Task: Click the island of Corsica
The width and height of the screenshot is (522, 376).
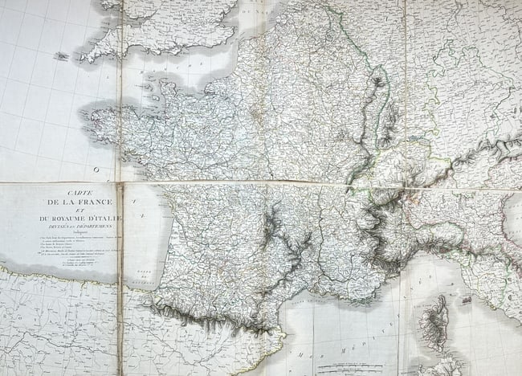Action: [x=434, y=321]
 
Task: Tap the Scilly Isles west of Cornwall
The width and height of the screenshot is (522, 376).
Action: [x=62, y=56]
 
